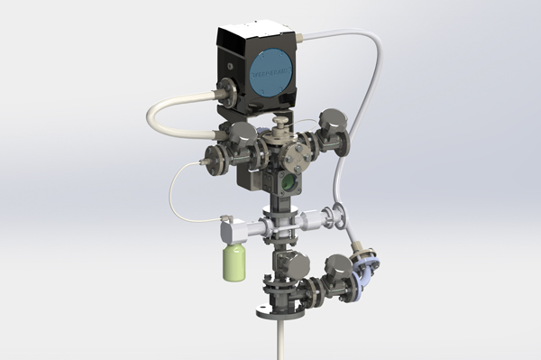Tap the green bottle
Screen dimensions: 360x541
(x=234, y=262)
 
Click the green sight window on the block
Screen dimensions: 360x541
(x=289, y=182)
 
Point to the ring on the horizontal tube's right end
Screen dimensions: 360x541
(x=340, y=216)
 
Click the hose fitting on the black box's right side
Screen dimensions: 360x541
(x=304, y=38)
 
